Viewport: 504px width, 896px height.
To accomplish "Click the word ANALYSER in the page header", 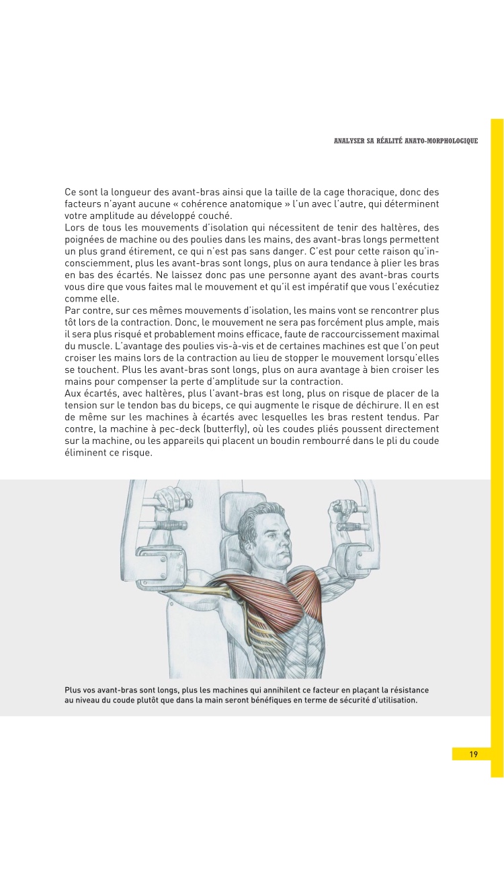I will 349,141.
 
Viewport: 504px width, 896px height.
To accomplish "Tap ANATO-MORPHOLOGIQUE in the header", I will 444,141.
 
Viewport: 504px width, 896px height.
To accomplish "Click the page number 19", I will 474,754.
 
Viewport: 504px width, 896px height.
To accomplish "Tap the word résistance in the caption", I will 406,690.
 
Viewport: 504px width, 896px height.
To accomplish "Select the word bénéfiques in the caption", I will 274,700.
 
